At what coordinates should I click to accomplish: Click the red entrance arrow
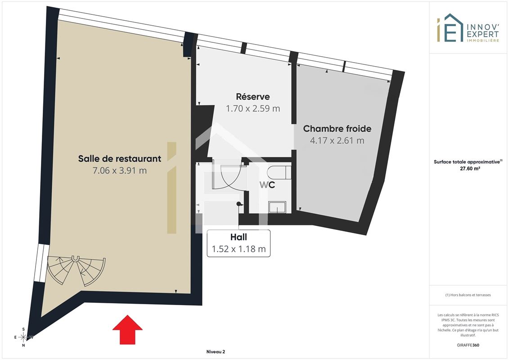coord(127,329)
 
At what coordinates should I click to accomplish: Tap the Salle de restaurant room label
coord(119,158)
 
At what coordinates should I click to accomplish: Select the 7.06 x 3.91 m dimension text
coord(119,171)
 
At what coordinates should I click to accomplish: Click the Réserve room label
coord(253,96)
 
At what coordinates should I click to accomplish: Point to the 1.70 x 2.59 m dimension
coord(253,108)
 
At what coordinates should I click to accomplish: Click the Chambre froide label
coord(337,129)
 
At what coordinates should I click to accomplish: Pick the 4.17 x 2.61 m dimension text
coord(337,140)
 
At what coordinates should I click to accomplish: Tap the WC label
coord(267,184)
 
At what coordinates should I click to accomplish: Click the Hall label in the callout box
coord(239,237)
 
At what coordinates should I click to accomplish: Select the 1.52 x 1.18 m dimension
coord(239,249)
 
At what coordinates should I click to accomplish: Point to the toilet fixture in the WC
coord(279,172)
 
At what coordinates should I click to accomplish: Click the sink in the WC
coord(277,207)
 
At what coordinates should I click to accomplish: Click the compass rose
coord(23,337)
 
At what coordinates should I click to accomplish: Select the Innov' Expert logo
coord(468,28)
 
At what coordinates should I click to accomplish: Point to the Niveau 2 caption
coord(216,351)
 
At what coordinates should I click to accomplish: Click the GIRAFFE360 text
coord(468,345)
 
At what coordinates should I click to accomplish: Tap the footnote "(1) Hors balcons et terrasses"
coord(468,295)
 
